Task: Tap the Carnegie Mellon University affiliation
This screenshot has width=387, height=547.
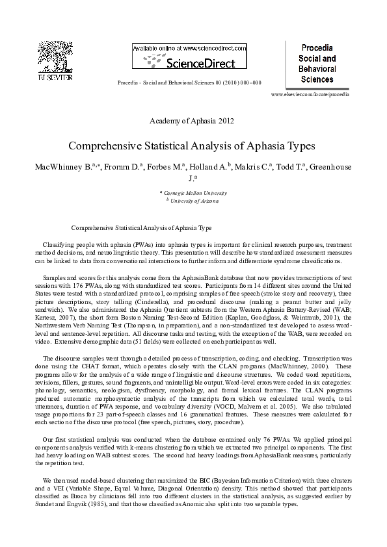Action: pos(195,193)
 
